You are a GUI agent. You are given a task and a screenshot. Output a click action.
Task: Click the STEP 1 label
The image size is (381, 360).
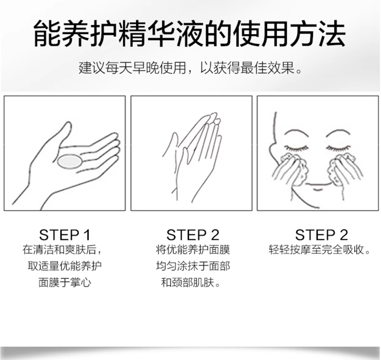point(65,235)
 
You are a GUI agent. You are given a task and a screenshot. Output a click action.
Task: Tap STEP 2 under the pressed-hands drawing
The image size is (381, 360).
point(193,235)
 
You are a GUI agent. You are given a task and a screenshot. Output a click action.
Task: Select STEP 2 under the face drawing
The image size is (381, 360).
point(321,235)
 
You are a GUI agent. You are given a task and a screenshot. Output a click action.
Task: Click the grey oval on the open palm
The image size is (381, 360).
point(70,162)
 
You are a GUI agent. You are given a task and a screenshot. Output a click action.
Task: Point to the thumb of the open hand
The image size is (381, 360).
point(64,133)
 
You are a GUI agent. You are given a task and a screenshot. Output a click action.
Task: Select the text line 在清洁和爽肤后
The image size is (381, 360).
point(62,250)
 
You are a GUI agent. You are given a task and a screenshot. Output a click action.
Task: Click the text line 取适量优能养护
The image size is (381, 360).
point(65,266)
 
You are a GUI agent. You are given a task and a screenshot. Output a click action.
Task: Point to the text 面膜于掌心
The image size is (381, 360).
point(65,283)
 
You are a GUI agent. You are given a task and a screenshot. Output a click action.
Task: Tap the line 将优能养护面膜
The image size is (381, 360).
point(193,250)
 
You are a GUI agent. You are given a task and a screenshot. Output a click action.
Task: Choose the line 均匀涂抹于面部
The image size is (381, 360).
point(193,266)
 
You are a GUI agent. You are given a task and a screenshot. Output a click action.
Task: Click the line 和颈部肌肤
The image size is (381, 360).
point(191,283)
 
